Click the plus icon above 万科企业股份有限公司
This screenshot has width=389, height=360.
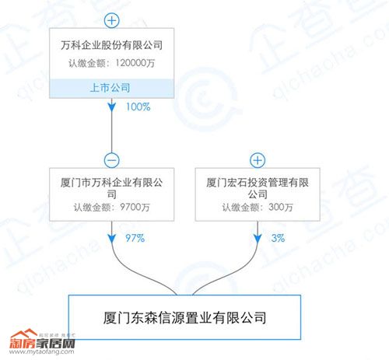pyautogui.click(x=112, y=20)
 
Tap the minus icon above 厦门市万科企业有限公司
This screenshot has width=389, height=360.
pyautogui.click(x=112, y=160)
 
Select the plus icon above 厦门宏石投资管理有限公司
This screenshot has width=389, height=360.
pyautogui.click(x=258, y=160)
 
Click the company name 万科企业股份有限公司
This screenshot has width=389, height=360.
pyautogui.click(x=112, y=45)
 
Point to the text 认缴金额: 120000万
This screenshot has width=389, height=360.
pyautogui.click(x=112, y=63)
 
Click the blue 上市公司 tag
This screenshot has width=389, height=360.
pyautogui.click(x=110, y=88)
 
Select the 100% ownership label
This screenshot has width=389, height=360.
pyautogui.click(x=138, y=107)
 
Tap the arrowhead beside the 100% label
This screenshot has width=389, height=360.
pyautogui.click(x=112, y=107)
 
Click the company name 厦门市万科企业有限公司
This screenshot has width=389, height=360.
pyautogui.click(x=112, y=188)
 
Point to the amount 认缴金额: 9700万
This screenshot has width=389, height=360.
pyautogui.click(x=112, y=208)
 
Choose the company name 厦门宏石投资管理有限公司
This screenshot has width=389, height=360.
pyautogui.click(x=258, y=188)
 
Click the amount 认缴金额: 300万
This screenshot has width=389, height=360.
pyautogui.click(x=258, y=208)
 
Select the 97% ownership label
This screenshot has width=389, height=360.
pyautogui.click(x=135, y=238)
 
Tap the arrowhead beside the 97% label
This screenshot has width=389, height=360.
pyautogui.click(x=112, y=239)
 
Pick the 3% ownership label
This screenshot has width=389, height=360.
pyautogui.click(x=278, y=238)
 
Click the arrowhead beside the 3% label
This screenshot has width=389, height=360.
pyautogui.click(x=258, y=239)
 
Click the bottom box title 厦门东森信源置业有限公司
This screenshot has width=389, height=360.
pyautogui.click(x=184, y=318)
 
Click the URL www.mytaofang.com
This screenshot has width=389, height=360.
pyautogui.click(x=41, y=352)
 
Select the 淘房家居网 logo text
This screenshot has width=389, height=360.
pyautogui.click(x=42, y=343)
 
